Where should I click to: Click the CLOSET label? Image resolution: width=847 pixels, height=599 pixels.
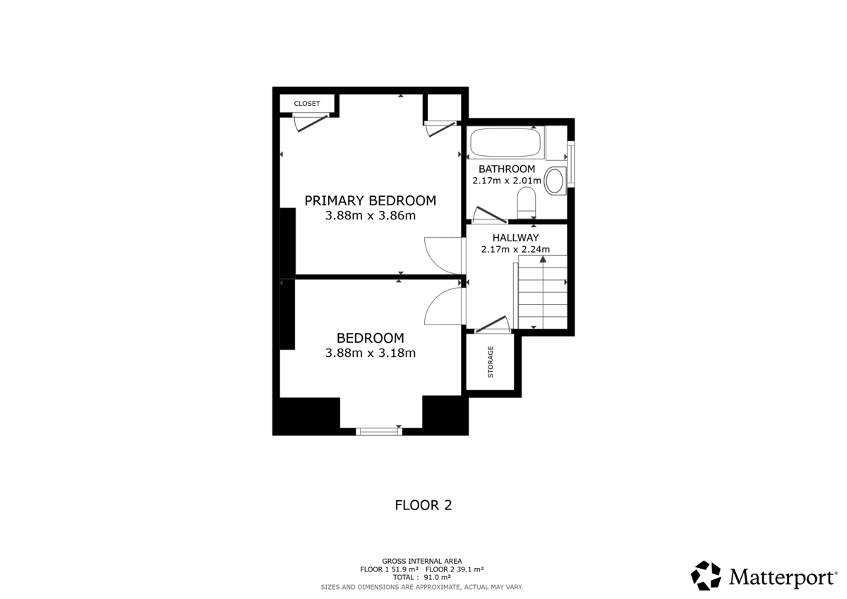coord(307,104)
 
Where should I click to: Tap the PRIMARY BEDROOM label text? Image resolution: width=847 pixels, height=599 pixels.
coord(370,200)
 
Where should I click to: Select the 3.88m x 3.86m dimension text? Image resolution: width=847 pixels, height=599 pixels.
coord(370,216)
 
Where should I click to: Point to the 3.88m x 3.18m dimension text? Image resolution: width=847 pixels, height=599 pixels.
coord(370,353)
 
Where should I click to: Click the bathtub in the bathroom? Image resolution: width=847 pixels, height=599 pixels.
coord(505,143)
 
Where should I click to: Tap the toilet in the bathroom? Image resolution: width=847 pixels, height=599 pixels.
coord(527,205)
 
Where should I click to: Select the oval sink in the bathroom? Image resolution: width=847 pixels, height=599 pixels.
coord(555,181)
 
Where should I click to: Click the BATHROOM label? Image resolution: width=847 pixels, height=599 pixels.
coord(507,169)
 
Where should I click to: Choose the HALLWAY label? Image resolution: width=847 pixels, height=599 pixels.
coord(515,238)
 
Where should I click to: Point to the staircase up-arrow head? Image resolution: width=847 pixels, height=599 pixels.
coord(543,260)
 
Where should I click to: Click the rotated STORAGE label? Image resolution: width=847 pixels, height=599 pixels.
coord(491,362)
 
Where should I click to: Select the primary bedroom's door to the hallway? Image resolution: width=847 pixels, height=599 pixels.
coord(443,254)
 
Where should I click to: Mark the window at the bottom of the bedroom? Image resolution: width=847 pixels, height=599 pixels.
coord(379,430)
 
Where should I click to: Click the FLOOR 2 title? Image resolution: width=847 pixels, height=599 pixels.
coord(423,505)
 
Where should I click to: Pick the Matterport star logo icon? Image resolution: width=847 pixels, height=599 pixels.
coord(706,576)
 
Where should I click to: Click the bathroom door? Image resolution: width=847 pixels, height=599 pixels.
coord(488,215)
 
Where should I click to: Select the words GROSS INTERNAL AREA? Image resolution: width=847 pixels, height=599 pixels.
coord(422,561)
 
